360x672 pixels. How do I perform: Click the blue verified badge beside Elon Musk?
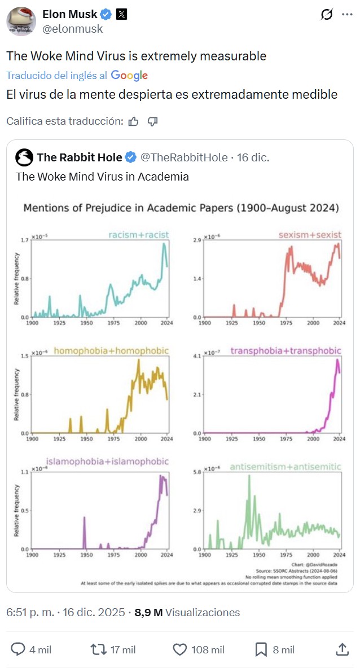click(x=106, y=15)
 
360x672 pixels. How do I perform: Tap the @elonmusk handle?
click(x=73, y=29)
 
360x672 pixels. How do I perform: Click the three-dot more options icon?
click(x=347, y=15)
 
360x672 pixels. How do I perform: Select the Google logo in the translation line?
click(x=129, y=75)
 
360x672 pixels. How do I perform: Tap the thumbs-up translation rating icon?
click(x=134, y=121)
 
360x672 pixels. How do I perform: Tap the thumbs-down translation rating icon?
click(x=152, y=121)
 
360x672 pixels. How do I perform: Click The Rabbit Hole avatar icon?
click(x=24, y=157)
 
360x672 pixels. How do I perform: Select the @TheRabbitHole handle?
click(x=184, y=157)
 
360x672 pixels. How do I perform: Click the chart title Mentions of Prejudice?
click(x=181, y=208)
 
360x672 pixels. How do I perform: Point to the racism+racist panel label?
click(x=139, y=235)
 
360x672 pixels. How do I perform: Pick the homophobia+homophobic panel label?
click(x=111, y=351)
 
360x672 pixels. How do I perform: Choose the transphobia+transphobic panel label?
click(x=286, y=351)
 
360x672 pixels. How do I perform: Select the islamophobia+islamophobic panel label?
click(x=107, y=462)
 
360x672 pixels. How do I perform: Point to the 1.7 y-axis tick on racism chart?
click(x=24, y=241)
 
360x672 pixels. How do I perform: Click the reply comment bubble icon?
click(x=19, y=650)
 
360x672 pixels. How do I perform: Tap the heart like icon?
click(x=179, y=650)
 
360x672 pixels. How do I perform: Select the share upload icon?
click(x=341, y=650)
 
